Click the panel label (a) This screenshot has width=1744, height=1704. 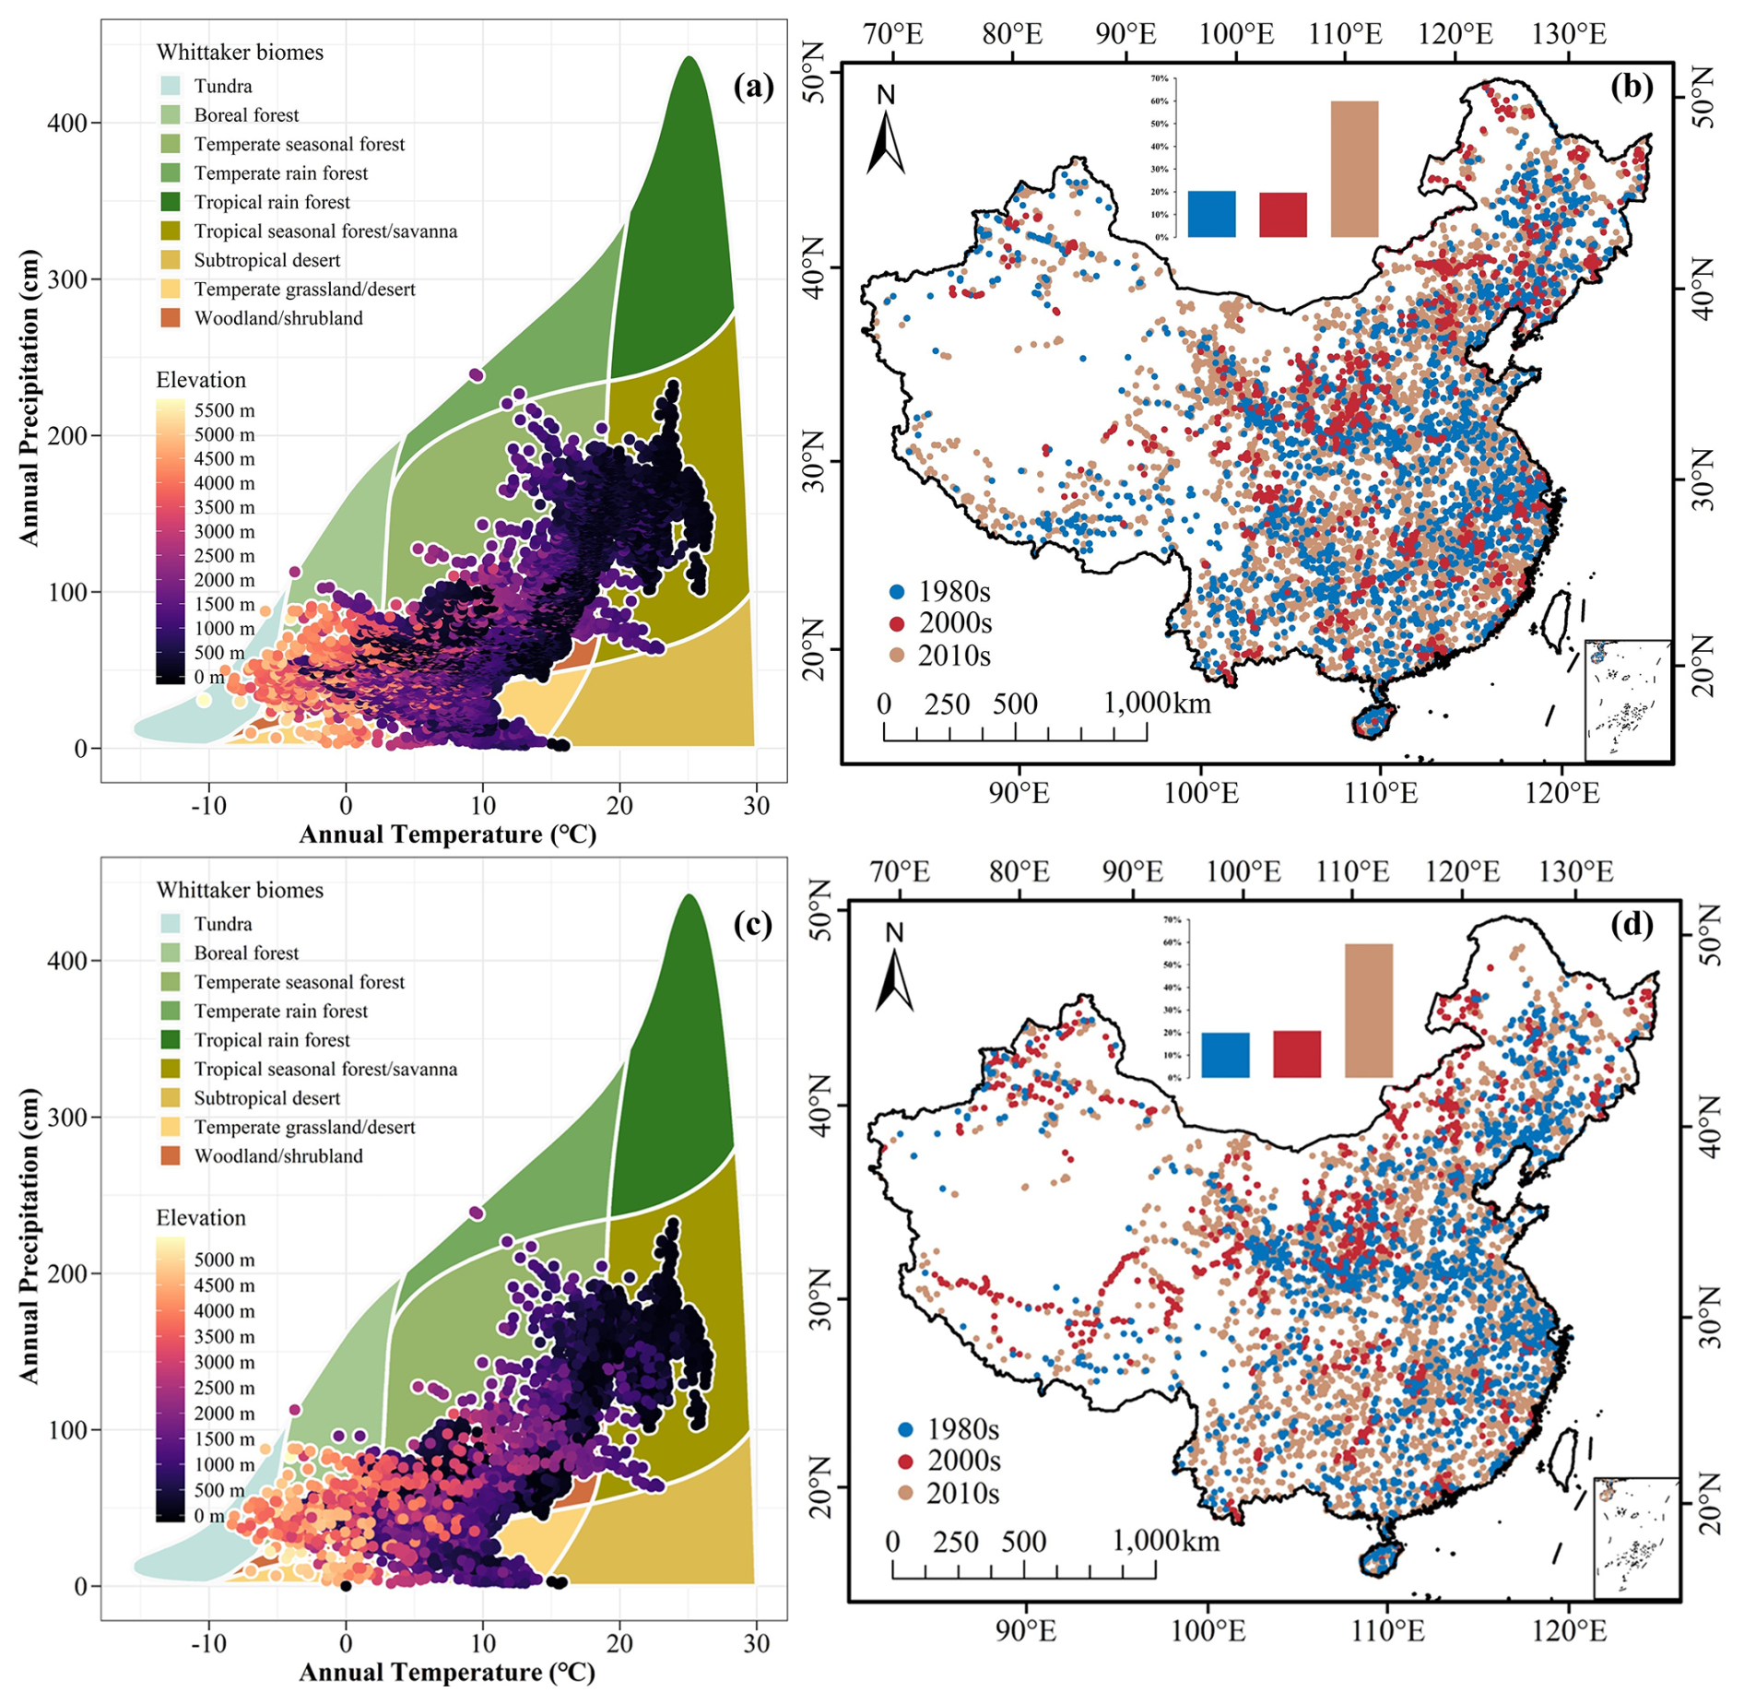[753, 87]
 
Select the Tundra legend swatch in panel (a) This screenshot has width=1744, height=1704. [170, 86]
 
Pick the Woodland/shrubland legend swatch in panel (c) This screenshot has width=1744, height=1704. [170, 1155]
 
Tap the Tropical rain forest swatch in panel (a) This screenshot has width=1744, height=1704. [170, 202]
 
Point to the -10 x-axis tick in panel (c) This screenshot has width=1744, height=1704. [208, 1643]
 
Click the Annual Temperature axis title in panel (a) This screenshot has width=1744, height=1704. [447, 834]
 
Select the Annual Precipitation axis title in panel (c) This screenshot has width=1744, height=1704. [29, 1236]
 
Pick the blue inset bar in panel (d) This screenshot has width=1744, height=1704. [1225, 1055]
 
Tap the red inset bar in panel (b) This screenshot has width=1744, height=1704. [1282, 215]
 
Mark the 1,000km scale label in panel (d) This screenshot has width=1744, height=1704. [1165, 1541]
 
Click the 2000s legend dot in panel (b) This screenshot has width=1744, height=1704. [896, 624]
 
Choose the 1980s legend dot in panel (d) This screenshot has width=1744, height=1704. [905, 1430]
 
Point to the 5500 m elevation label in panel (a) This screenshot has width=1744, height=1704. [224, 409]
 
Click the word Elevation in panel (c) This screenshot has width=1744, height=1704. [201, 1217]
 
